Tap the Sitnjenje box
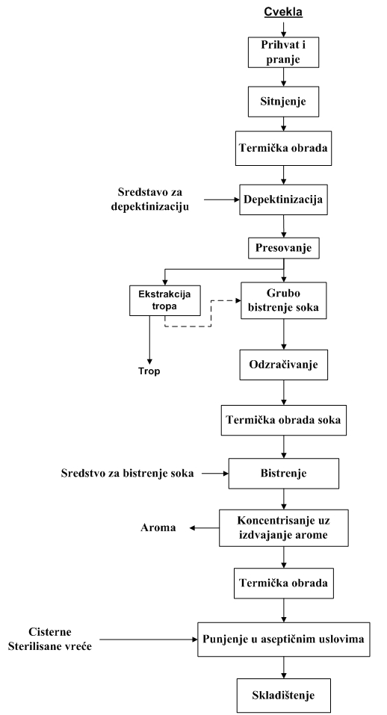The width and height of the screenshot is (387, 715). click(x=282, y=97)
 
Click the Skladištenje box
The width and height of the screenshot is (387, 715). click(x=282, y=696)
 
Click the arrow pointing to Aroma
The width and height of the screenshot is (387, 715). click(x=203, y=528)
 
